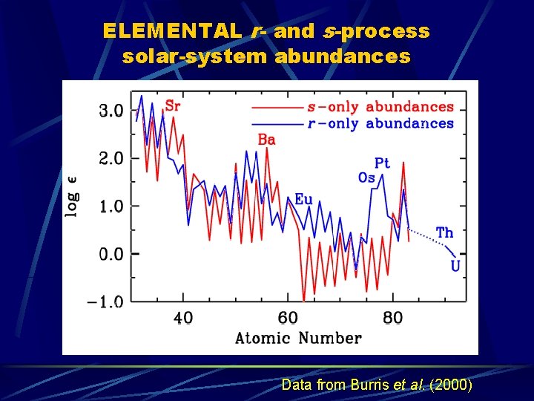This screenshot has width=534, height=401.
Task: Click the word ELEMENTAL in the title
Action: tap(171, 31)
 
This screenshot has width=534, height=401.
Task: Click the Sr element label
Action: tap(172, 105)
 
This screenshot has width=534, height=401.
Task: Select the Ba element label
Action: tap(266, 140)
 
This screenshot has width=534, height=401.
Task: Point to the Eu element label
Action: tap(303, 199)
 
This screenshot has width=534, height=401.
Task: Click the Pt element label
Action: tap(382, 163)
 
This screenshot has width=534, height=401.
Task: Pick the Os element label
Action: tap(366, 177)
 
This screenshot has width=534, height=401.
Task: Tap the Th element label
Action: tap(444, 233)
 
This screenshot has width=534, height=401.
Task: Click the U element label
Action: tap(455, 266)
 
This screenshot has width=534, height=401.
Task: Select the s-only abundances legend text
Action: tap(380, 108)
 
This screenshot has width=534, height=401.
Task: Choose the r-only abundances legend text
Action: tap(380, 123)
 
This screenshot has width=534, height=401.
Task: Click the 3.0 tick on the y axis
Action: tap(111, 111)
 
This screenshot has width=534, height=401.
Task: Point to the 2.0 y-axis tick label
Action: tap(111, 158)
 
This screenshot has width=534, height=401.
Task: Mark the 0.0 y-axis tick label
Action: tap(111, 254)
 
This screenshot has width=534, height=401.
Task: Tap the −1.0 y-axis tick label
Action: tap(107, 301)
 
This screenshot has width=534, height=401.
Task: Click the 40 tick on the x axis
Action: tap(182, 319)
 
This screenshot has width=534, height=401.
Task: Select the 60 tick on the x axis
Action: tap(288, 319)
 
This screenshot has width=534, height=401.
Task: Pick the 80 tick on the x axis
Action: tap(392, 319)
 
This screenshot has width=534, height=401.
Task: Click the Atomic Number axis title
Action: tap(298, 339)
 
